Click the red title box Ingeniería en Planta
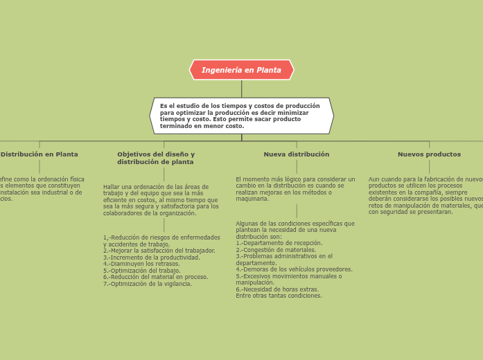click(x=241, y=70)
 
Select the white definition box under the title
click(x=241, y=116)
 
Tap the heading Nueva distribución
click(x=297, y=154)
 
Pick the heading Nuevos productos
click(x=429, y=154)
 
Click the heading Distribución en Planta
click(x=39, y=154)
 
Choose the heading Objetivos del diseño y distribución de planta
click(x=156, y=158)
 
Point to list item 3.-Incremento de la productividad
click(x=152, y=258)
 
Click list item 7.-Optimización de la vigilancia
click(x=148, y=284)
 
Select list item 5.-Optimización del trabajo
click(x=142, y=271)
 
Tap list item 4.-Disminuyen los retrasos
click(x=141, y=264)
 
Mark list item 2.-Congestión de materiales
click(x=276, y=250)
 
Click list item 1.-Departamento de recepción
click(x=279, y=243)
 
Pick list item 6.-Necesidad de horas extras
click(x=277, y=289)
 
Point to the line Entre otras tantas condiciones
click(x=279, y=296)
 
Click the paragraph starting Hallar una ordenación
click(x=161, y=200)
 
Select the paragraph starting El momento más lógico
click(x=295, y=189)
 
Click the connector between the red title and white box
click(x=242, y=89)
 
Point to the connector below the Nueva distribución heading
click(x=297, y=167)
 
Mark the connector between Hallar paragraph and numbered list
click(x=164, y=225)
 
